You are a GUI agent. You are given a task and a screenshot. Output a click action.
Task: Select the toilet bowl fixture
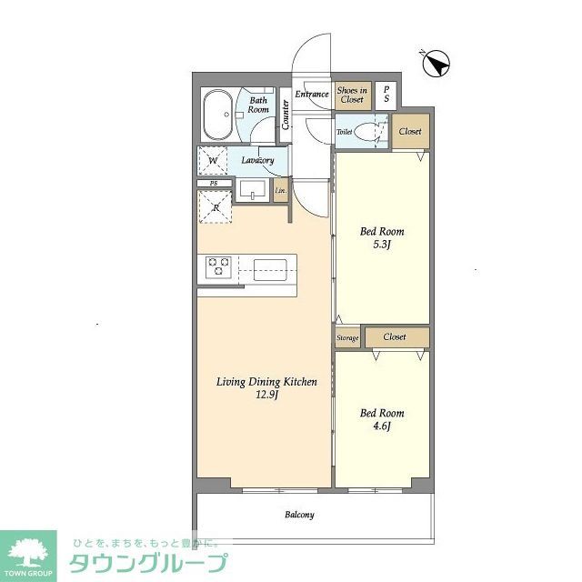tap(369, 132)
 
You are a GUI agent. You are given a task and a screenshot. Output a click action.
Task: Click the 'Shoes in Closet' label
tap(352, 94)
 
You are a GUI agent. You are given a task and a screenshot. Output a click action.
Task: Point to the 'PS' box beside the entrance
tap(387, 94)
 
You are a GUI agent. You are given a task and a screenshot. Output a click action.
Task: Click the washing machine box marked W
tap(213, 162)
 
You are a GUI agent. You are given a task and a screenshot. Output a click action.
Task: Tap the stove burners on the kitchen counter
tap(219, 267)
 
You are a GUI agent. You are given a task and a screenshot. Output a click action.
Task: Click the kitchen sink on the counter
tap(270, 268)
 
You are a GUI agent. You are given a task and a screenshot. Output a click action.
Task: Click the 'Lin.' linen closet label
tap(280, 190)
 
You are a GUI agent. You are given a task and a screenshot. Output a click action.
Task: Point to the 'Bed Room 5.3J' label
tap(381, 237)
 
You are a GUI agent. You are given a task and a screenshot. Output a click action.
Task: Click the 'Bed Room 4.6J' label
tap(381, 419)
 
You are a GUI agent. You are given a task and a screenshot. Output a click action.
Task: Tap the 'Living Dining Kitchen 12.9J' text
tap(266, 388)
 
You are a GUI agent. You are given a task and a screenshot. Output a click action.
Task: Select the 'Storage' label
tap(347, 338)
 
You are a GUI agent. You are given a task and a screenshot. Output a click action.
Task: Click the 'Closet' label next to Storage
tap(395, 336)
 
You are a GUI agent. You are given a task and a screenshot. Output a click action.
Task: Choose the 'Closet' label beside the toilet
tap(410, 132)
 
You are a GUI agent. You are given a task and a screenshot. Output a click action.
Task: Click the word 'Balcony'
tap(299, 515)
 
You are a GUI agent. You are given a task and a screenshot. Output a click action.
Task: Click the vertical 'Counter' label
tap(286, 114)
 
